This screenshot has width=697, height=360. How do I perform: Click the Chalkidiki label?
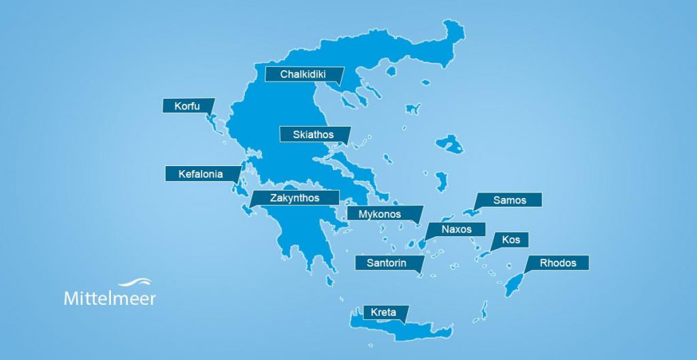304,74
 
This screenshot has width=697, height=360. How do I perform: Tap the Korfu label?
187,106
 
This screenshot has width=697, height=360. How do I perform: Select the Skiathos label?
314,135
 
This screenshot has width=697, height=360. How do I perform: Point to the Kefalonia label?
201,174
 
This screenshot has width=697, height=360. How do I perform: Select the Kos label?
510,240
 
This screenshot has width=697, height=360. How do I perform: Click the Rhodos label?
557,263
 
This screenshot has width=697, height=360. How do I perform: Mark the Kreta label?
384,313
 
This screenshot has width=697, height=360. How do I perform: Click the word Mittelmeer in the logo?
110,299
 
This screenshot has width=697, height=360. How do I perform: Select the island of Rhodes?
514,284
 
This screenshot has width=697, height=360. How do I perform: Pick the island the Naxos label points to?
421,243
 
